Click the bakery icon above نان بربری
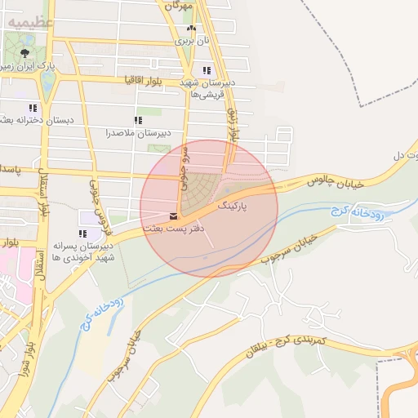(192, 28)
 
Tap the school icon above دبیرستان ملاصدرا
(138, 120)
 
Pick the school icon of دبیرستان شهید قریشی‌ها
(207, 70)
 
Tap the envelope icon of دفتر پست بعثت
(173, 216)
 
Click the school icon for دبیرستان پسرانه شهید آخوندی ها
(82, 233)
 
